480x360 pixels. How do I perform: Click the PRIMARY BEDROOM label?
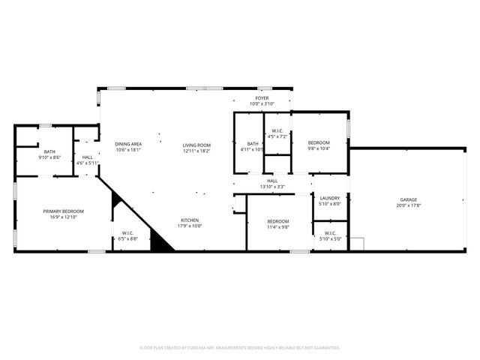coord(63,211)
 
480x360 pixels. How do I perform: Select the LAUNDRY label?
coord(330,198)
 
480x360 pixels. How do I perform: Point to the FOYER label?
coord(262,97)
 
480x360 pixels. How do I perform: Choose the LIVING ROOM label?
coord(196,145)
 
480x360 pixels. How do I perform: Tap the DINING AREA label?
coord(128,144)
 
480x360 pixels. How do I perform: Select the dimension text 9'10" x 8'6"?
coord(49,157)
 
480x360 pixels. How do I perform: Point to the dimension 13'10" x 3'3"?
coord(272,187)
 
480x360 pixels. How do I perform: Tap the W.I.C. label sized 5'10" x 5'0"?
coord(330,233)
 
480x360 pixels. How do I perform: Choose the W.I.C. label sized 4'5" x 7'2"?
coord(277,130)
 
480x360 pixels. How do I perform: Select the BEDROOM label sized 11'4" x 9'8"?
coord(278,221)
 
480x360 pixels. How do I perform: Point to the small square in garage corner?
coord(358,244)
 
